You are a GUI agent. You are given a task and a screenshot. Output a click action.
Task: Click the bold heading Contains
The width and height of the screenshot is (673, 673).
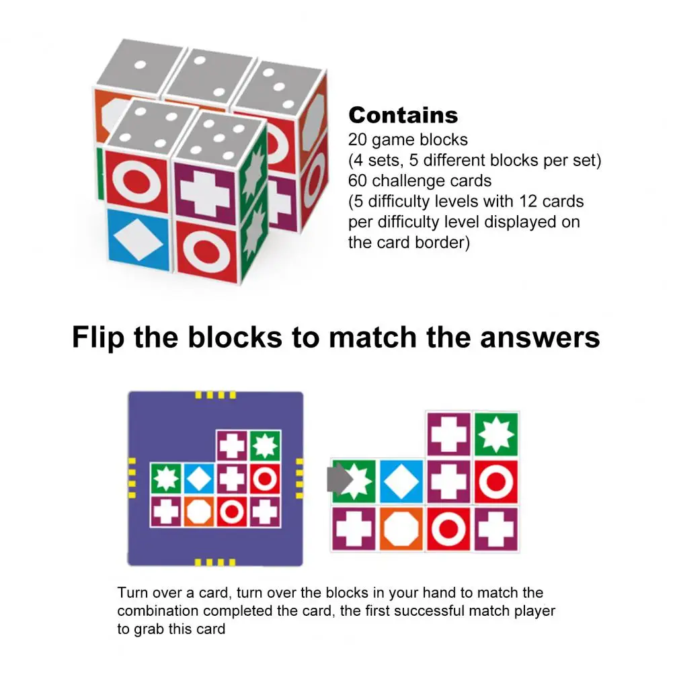tap(403, 115)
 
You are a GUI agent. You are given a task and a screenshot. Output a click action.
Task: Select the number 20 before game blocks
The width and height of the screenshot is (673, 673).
tap(357, 140)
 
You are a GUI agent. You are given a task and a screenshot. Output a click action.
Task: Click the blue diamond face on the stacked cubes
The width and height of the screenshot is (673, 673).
tap(137, 239)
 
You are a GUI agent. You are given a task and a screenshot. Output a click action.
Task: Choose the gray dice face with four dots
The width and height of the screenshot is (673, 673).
tap(151, 128)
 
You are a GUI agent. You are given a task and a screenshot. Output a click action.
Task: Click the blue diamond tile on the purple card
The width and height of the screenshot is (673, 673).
tap(199, 479)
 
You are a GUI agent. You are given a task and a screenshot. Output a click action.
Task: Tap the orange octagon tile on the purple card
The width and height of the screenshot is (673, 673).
tap(199, 512)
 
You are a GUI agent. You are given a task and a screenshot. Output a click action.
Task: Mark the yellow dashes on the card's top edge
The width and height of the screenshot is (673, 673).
tap(215, 396)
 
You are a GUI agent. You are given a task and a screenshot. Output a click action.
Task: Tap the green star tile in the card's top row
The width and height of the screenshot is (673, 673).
tap(265, 445)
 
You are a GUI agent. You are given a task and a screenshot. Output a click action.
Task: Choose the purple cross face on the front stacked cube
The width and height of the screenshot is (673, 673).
tap(204, 185)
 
